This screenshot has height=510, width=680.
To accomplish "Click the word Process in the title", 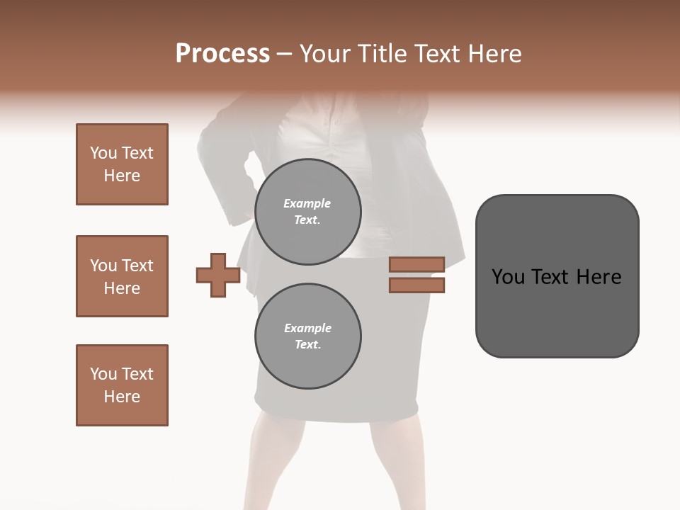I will [x=222, y=54].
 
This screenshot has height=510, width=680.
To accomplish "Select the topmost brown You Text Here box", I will [x=122, y=164].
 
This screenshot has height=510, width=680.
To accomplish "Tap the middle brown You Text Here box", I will [x=122, y=276].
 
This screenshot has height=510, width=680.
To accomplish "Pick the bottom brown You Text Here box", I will [x=122, y=385].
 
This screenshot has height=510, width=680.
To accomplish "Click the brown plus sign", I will [x=218, y=275].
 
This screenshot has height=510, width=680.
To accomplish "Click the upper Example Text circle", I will [x=307, y=212].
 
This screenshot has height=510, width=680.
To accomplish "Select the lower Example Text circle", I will [x=307, y=336].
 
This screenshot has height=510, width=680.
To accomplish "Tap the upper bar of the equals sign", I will [x=416, y=265].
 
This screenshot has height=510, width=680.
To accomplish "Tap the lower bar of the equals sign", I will [x=416, y=285].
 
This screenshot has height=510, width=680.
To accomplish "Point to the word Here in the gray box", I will [x=599, y=277].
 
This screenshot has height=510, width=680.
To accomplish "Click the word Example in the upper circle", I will [x=307, y=203].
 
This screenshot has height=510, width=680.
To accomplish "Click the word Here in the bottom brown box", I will [x=122, y=397].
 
